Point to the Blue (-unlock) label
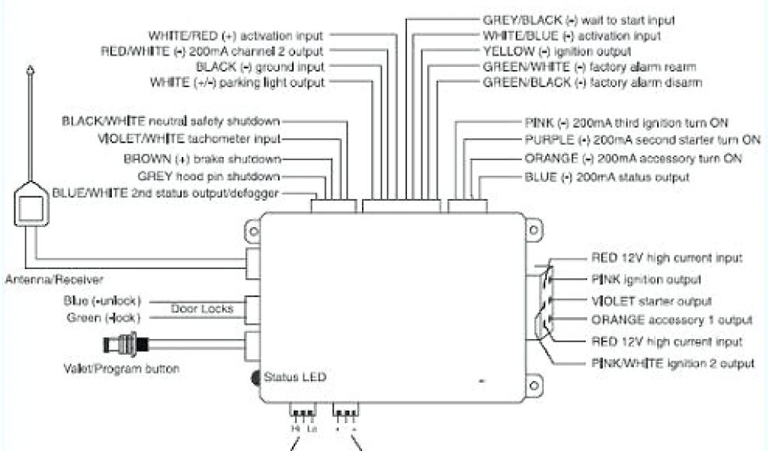coord(103,301)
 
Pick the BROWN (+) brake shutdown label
coord(202,159)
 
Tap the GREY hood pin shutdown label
coord(209,177)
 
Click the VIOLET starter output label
coord(651,301)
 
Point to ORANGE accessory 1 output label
coord(671,320)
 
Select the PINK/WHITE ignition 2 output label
coord(672,364)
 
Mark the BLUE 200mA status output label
coord(607,177)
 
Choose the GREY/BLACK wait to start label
coord(578,20)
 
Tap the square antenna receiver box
coord(29,208)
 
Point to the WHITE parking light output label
coord(237,83)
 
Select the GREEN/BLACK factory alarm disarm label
coord(593,82)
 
